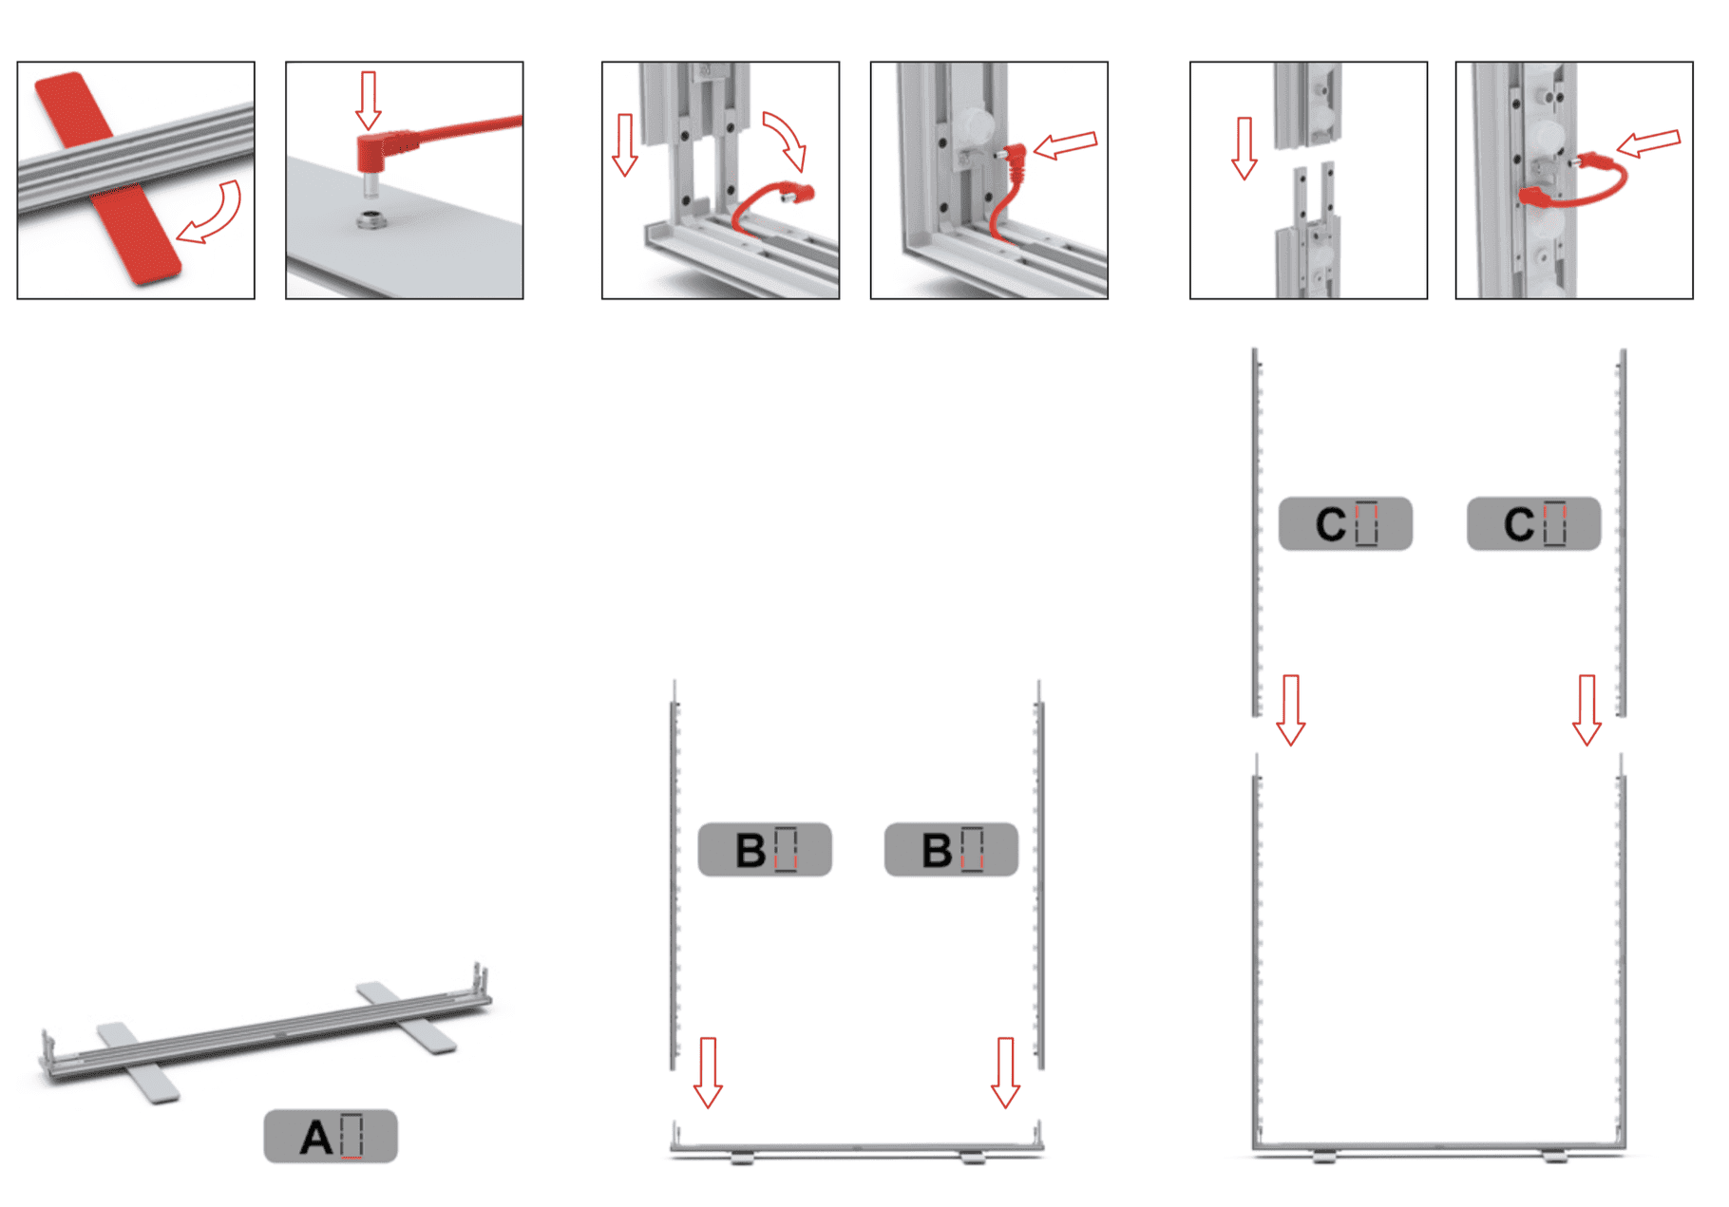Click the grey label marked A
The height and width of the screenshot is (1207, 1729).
331,1136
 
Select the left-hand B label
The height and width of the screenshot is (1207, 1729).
765,849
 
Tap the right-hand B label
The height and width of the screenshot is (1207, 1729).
951,849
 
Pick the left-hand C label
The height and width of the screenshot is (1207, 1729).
1345,523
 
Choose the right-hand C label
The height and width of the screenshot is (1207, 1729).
1533,523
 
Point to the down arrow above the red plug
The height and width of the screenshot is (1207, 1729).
369,100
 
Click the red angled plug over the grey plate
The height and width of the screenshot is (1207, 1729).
380,152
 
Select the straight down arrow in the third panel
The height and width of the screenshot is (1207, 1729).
624,144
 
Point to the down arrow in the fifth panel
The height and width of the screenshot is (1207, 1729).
1244,148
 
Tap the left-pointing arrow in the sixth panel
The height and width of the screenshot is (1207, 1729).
1648,143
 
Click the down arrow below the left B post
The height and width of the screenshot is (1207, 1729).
708,1072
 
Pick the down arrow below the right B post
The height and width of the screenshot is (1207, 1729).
1005,1072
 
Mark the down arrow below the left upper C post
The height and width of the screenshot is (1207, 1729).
1290,709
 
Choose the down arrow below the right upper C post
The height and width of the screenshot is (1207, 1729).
1586,709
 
